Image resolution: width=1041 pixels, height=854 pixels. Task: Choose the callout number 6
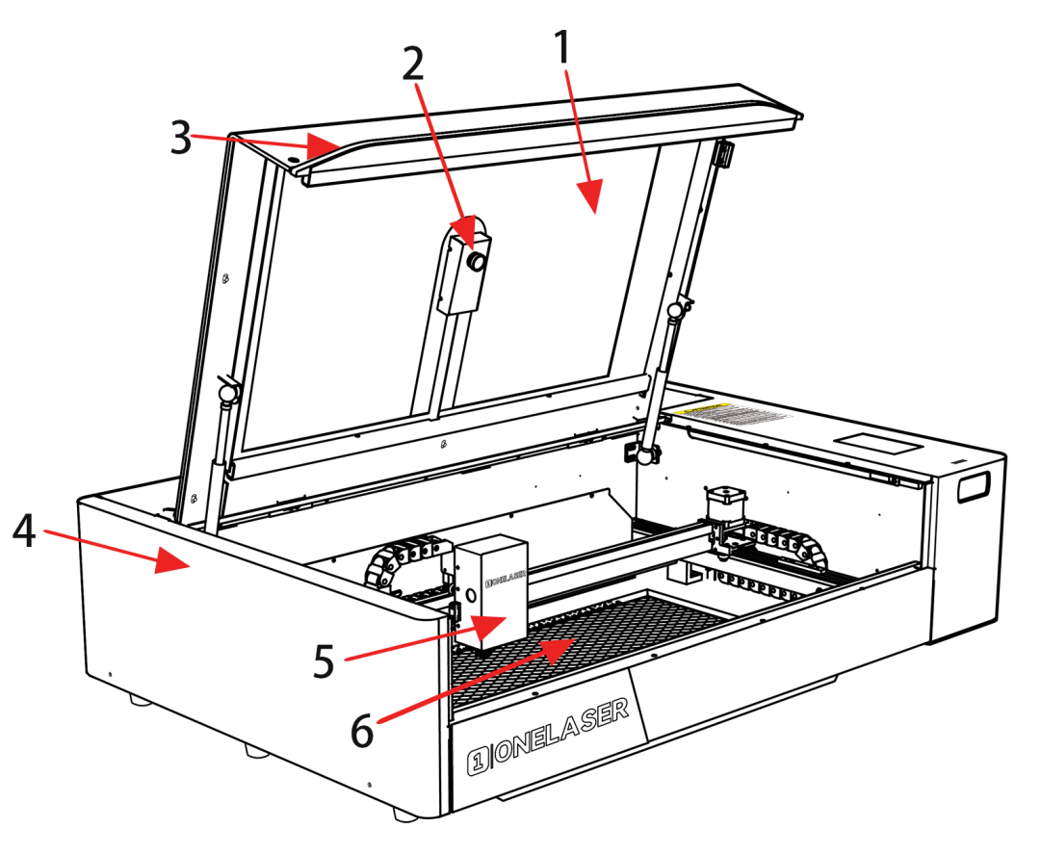coord(360,730)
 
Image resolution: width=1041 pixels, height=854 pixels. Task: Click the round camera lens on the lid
coord(475,261)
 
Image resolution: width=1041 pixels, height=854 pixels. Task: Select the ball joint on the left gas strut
coord(227,393)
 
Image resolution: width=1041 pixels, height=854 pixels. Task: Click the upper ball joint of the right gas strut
coord(677,309)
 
